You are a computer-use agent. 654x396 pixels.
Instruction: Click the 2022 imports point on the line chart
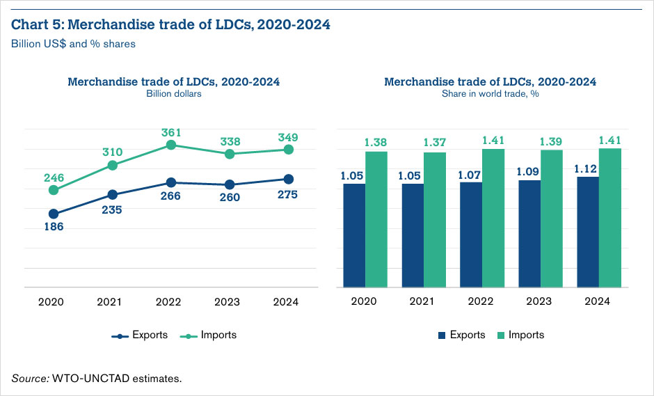point(170,145)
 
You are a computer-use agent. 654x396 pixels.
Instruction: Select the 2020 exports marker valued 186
point(54,214)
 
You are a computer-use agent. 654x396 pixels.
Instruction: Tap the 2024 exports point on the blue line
point(288,179)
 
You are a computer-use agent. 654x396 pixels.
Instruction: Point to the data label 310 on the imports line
point(112,152)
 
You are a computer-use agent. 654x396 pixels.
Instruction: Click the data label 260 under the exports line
point(230,198)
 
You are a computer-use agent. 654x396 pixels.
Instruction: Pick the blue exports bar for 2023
point(529,234)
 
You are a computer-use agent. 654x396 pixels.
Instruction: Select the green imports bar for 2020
point(376,219)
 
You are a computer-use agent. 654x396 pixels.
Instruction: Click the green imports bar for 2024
point(610,218)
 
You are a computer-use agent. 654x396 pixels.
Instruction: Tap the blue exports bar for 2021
point(413,235)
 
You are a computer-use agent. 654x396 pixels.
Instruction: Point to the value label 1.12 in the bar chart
point(587,169)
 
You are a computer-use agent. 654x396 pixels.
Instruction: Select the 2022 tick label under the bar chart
point(481,302)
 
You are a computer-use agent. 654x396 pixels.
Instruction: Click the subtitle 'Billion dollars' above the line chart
point(173,94)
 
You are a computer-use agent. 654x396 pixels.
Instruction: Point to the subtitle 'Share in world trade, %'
point(490,94)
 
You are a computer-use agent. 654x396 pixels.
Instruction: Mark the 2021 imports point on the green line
point(112,165)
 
